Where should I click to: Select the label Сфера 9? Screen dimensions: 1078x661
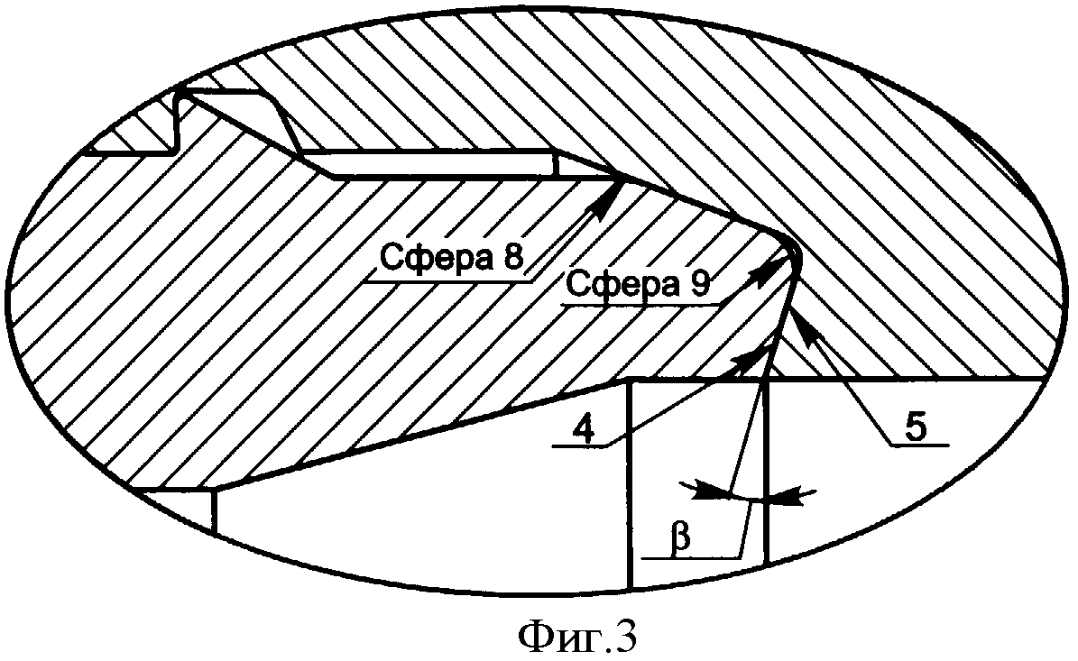(x=636, y=285)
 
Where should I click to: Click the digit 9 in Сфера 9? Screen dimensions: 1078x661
(x=699, y=285)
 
